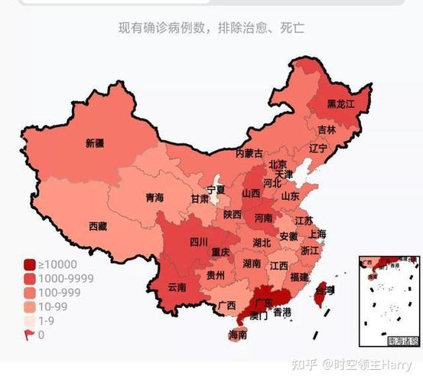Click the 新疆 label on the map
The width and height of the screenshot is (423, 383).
click(x=95, y=143)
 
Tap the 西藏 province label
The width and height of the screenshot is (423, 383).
click(x=98, y=226)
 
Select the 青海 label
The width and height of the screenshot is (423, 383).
click(x=155, y=198)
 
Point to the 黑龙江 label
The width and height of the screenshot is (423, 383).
click(x=340, y=103)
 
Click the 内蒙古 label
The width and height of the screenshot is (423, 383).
click(x=249, y=153)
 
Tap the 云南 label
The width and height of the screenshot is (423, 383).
click(x=177, y=287)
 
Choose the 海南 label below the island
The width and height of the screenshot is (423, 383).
click(x=238, y=335)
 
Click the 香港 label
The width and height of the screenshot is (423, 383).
click(x=281, y=312)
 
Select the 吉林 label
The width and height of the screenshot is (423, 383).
click(x=327, y=129)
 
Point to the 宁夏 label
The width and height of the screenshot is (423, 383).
click(x=216, y=189)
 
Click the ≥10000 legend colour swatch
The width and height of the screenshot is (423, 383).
click(x=30, y=265)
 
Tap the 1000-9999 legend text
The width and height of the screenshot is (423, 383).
click(x=67, y=279)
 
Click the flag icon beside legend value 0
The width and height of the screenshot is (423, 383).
click(x=30, y=334)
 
